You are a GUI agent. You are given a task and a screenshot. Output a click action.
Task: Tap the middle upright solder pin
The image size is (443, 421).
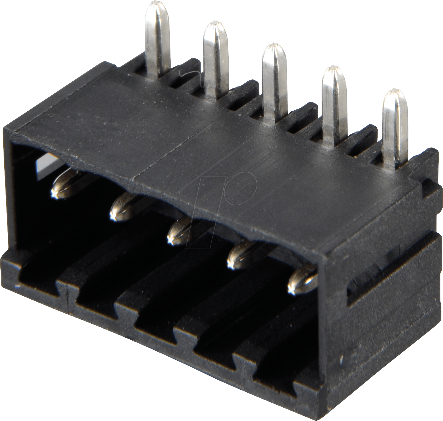click(x=274, y=81)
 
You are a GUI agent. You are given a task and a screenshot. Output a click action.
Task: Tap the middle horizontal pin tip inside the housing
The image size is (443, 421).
click(x=179, y=231)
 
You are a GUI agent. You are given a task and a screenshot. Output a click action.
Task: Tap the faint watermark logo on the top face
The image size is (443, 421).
click(x=224, y=192)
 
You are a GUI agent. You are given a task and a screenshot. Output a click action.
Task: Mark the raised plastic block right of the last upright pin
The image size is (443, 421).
click(x=423, y=163)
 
